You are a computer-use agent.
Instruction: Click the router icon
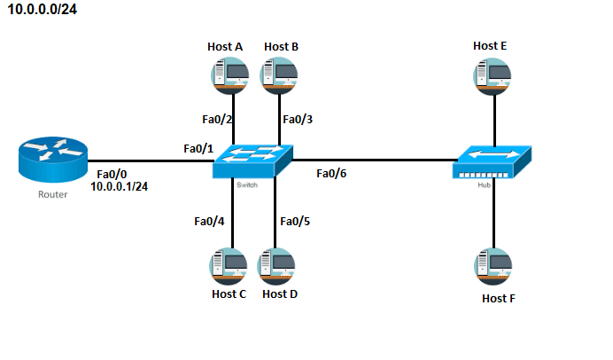[52, 160]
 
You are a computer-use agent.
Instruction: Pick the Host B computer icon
[279, 74]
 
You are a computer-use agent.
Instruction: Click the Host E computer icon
[494, 75]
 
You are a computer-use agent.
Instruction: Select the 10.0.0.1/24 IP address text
[124, 187]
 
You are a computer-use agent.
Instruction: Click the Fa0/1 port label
[198, 147]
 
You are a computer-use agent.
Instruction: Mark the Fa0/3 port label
[297, 119]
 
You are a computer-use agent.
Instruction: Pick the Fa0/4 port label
[209, 221]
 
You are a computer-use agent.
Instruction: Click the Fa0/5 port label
[295, 221]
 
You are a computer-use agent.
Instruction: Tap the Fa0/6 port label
[331, 173]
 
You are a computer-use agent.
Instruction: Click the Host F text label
[498, 298]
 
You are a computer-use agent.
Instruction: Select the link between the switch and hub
[372, 160]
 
